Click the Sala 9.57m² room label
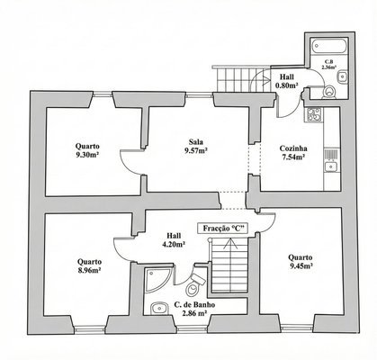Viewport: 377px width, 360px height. coord(196,146)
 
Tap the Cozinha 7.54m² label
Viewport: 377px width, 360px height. coord(293,153)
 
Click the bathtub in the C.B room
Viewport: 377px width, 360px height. coord(329,46)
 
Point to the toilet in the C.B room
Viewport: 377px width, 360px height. coord(329,93)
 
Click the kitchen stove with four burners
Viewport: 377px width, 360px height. coord(314,114)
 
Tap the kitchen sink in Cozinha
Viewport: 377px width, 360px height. coord(331,166)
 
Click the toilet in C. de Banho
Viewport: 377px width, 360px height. coord(193,285)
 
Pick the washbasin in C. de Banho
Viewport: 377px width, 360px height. coord(159,309)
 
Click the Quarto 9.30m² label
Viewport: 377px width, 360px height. coord(87,151)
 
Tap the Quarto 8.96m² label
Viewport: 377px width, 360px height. coord(89,266)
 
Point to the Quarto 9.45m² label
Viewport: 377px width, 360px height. coord(301,262)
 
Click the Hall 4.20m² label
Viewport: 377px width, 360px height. coord(174,240)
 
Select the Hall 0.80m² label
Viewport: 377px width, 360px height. coord(287,81)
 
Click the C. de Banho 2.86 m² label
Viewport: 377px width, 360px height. coord(194,310)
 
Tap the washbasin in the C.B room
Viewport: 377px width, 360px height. coord(342,77)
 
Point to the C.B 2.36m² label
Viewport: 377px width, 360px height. coord(328,65)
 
